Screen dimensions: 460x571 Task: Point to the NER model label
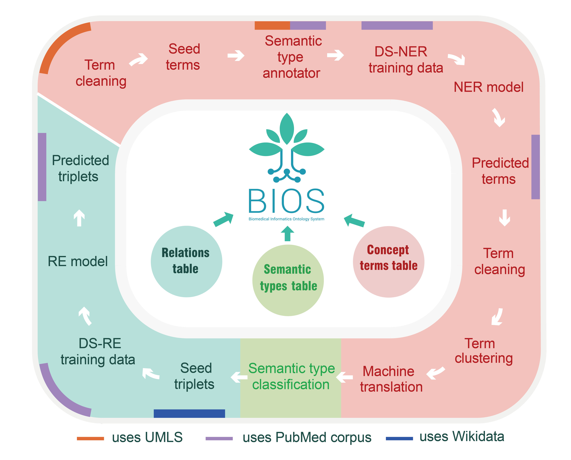coord(488,87)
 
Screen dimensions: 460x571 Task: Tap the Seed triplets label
coord(195,376)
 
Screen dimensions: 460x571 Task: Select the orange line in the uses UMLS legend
coord(90,439)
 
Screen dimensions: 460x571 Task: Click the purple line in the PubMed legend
coord(219,439)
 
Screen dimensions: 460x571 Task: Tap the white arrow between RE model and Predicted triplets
coord(79,218)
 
